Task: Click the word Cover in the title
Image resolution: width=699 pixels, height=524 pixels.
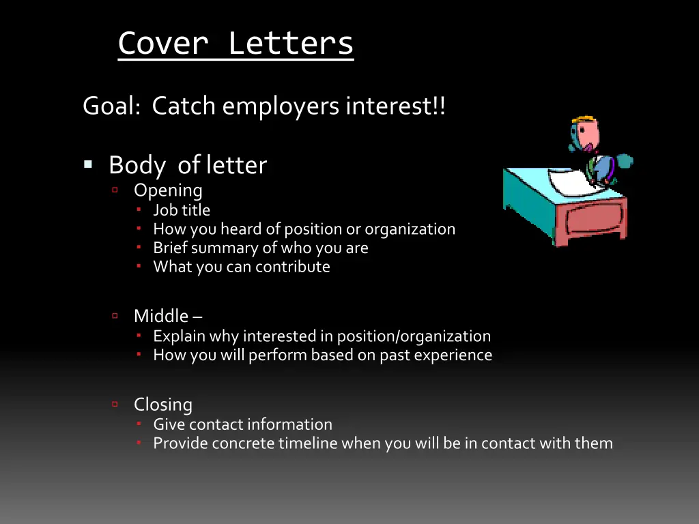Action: click(x=163, y=43)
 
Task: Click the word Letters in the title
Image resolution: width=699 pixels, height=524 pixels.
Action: click(x=291, y=43)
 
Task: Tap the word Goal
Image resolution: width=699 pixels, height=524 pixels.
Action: click(x=111, y=106)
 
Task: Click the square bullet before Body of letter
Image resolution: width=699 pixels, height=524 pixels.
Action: click(x=88, y=164)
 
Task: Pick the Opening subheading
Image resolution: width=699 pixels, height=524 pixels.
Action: click(x=168, y=190)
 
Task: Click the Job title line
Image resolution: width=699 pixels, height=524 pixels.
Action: click(x=182, y=210)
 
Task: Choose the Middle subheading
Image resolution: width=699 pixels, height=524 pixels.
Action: click(x=161, y=316)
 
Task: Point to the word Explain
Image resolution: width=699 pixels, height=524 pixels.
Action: click(x=179, y=336)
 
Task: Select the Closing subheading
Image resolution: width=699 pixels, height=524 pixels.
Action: click(x=163, y=405)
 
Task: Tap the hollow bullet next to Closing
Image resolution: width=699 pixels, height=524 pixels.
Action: click(x=115, y=404)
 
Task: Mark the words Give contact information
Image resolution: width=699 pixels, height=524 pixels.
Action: click(x=242, y=424)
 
